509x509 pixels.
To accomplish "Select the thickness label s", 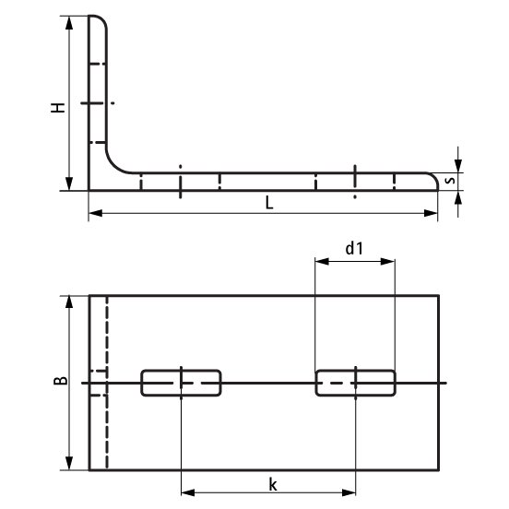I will [x=449, y=181].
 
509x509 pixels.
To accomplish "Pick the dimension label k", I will [x=272, y=483].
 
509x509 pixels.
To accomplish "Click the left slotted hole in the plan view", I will [x=181, y=383].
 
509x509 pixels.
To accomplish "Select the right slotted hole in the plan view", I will [x=355, y=383].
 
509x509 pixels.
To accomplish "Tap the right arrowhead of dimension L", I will [x=432, y=215].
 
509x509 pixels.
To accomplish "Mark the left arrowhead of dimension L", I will [x=93, y=215].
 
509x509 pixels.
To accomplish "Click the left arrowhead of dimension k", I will [x=185, y=493].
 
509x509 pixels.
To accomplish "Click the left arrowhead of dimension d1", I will [x=319, y=262].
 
